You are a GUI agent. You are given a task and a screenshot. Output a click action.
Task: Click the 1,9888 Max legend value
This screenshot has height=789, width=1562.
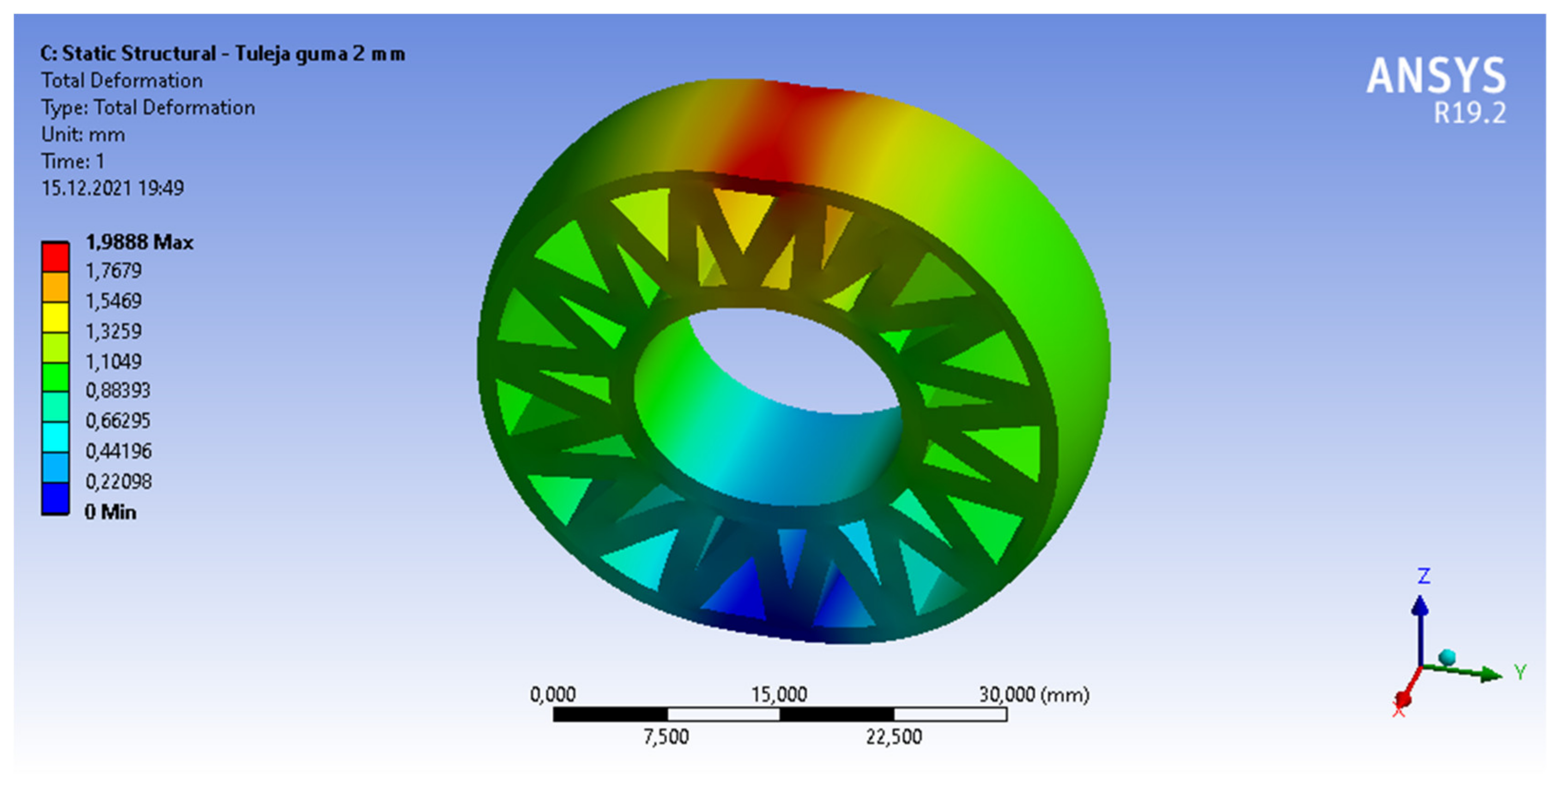click(x=139, y=242)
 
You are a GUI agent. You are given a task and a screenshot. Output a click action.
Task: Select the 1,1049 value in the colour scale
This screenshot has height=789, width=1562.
click(x=114, y=362)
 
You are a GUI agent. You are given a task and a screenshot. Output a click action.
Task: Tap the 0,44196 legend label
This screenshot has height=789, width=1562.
click(x=118, y=451)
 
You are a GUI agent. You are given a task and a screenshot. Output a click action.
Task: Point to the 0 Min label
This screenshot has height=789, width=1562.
click(x=110, y=512)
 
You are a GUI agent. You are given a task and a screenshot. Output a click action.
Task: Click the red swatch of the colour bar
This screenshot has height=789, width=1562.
click(x=55, y=257)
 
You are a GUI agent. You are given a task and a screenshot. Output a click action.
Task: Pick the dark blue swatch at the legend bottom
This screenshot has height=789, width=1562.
click(x=55, y=498)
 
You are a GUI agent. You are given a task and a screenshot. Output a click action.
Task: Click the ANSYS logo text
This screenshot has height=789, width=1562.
click(x=1435, y=76)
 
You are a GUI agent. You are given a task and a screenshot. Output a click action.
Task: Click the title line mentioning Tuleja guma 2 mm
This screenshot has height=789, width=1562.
click(x=222, y=54)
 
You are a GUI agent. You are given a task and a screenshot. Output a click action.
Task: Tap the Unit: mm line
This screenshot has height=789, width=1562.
click(x=83, y=135)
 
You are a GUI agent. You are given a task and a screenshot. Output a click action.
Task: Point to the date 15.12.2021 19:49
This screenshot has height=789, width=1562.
click(x=112, y=188)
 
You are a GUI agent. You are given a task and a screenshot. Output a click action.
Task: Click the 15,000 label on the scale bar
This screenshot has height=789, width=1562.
click(x=779, y=694)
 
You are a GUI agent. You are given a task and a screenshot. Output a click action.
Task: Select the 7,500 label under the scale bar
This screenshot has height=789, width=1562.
click(x=666, y=737)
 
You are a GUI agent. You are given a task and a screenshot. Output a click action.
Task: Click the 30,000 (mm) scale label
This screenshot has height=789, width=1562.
click(x=1033, y=694)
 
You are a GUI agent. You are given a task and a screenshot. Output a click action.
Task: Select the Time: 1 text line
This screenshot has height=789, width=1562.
click(x=73, y=161)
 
